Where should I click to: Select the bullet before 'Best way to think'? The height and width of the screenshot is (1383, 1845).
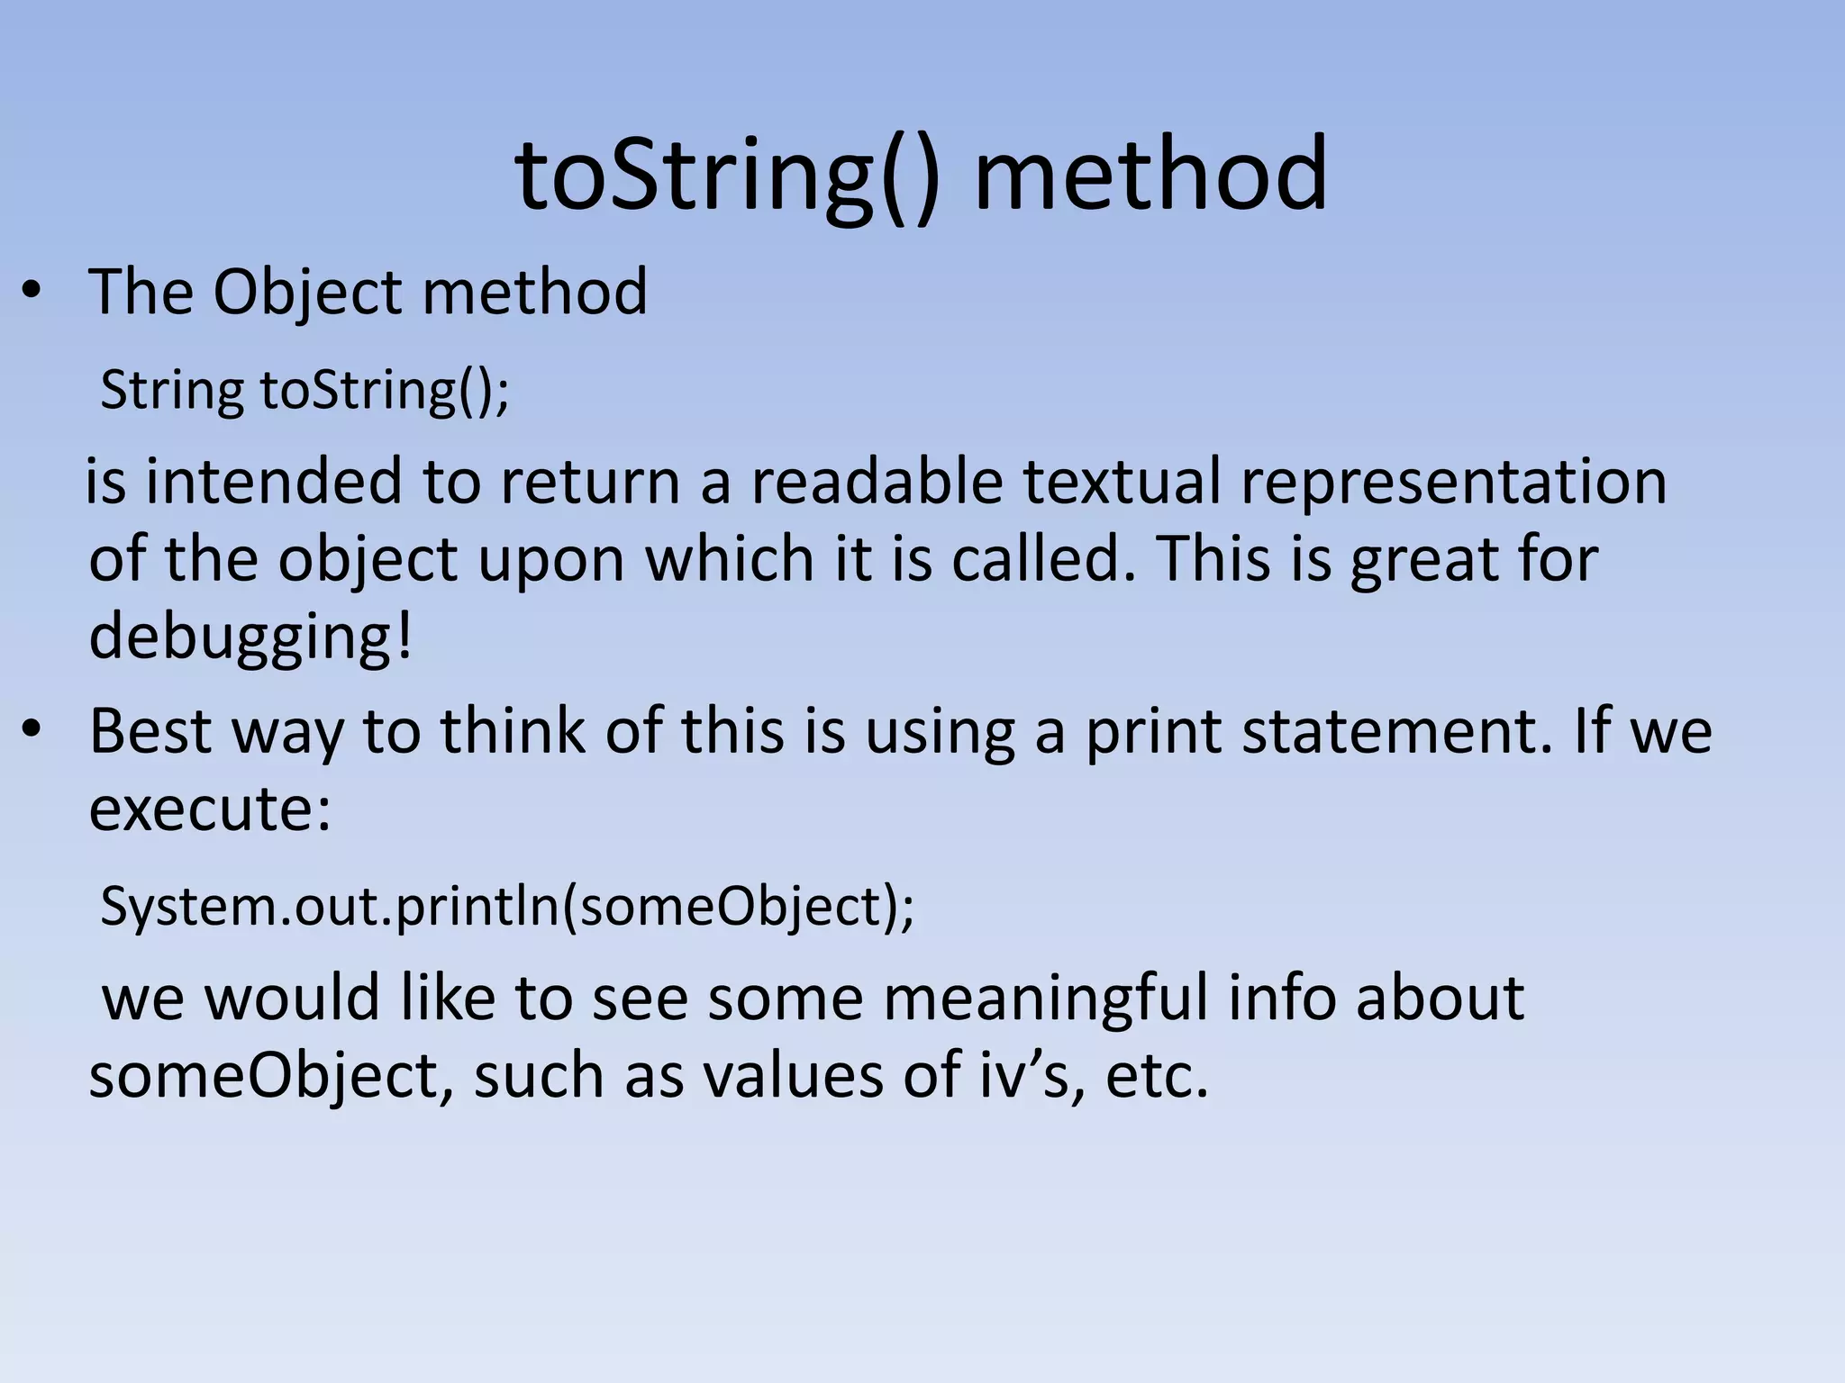[x=32, y=730]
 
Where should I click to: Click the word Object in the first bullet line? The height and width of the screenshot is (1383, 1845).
[x=306, y=294]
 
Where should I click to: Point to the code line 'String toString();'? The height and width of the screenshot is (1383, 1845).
[x=304, y=392]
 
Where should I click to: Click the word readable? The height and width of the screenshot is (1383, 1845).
[x=877, y=482]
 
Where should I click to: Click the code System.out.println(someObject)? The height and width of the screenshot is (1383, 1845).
[x=507, y=907]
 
